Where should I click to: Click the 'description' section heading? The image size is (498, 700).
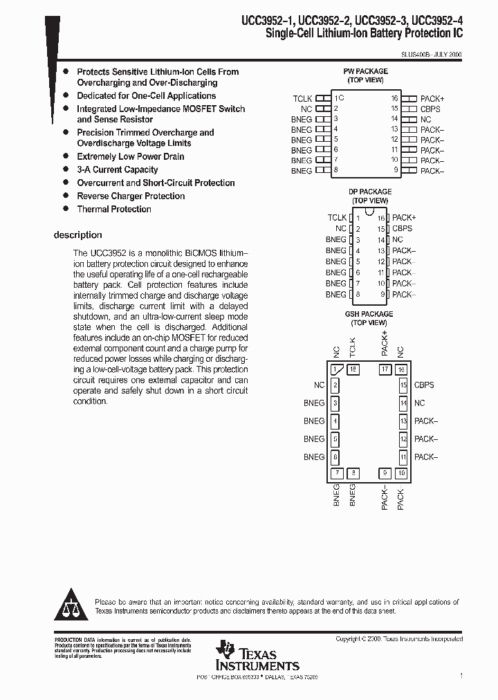click(77, 235)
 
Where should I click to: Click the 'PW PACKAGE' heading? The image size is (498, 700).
click(365, 71)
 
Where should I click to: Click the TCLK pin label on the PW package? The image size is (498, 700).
click(302, 99)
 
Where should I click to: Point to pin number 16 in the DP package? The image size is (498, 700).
click(381, 218)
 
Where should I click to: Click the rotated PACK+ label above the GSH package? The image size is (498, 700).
click(385, 344)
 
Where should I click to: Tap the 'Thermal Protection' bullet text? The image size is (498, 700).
click(114, 209)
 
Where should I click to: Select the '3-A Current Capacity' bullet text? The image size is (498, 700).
click(118, 169)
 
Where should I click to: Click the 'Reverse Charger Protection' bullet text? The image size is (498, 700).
click(131, 196)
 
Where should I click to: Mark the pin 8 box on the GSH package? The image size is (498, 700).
click(353, 473)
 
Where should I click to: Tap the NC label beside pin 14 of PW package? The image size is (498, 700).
click(425, 119)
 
